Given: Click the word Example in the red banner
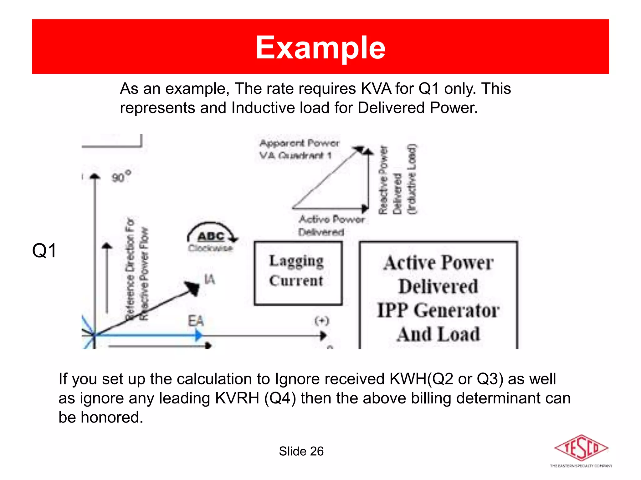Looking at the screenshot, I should [x=320, y=47].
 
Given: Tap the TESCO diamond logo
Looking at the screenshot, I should [x=581, y=448].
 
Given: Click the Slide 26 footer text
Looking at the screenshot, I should [x=301, y=451].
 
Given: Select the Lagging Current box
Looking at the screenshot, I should [x=298, y=273].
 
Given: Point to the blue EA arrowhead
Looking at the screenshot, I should [x=198, y=335].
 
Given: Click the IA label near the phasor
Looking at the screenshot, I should [x=209, y=279].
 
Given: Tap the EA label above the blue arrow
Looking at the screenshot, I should [x=196, y=321].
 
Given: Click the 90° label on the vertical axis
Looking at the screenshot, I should [x=121, y=177].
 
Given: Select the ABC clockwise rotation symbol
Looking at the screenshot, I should [x=212, y=236].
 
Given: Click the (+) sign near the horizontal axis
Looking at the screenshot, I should [x=322, y=321].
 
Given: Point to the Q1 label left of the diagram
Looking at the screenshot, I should [x=44, y=251].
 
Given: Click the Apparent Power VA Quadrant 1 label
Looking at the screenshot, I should [x=299, y=149].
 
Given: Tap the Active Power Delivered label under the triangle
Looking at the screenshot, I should [x=331, y=226].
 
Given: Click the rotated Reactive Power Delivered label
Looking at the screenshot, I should [x=397, y=180].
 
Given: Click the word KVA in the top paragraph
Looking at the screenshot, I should [x=376, y=89].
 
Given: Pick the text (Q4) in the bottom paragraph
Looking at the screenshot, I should [x=280, y=398].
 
